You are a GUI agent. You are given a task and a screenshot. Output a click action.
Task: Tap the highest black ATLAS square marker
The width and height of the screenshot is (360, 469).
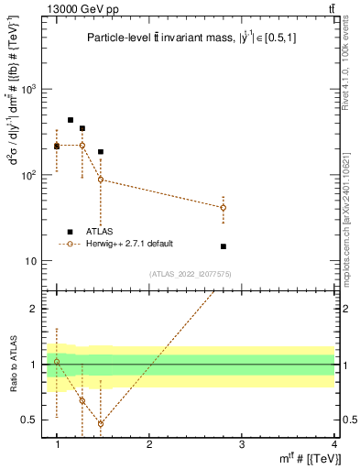pyautogui.click(x=71, y=120)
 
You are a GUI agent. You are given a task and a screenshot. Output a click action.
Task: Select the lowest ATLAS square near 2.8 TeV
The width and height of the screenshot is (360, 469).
pyautogui.click(x=224, y=246)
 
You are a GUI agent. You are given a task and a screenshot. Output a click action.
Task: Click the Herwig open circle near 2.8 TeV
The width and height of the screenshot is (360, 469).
pyautogui.click(x=224, y=208)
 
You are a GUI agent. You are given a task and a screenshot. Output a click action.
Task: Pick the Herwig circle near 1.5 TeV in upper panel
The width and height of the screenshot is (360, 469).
pyautogui.click(x=101, y=180)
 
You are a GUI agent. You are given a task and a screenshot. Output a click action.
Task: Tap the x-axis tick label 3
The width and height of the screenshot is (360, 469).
pyautogui.click(x=242, y=444)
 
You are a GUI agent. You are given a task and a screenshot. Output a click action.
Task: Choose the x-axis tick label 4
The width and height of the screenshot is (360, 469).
pyautogui.click(x=333, y=444)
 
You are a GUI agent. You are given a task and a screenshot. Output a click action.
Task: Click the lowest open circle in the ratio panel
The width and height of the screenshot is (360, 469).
pyautogui.click(x=101, y=423)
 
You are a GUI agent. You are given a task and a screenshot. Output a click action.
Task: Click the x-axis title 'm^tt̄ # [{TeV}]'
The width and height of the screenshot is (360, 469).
pyautogui.click(x=305, y=459)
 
